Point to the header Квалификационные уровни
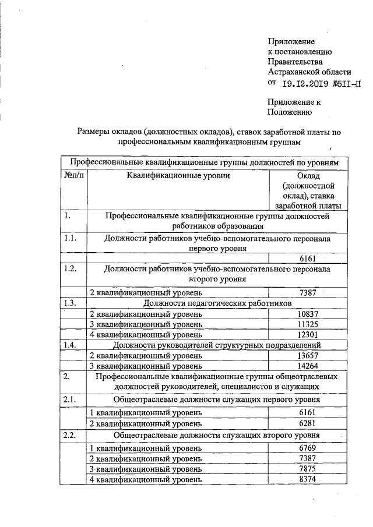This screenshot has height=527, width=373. [x=178, y=175]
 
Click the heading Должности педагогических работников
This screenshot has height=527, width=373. [x=217, y=303]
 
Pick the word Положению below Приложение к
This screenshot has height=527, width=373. [x=290, y=112]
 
